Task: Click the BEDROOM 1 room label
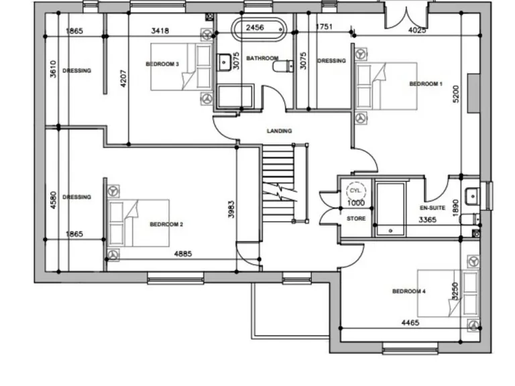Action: [426, 84]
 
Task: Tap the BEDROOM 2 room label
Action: [166, 224]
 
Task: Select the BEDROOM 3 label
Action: [162, 64]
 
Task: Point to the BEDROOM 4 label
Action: [408, 292]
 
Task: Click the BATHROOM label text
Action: [262, 59]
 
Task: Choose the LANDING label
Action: [279, 131]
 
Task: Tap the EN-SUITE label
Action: [433, 208]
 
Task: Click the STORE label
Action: [355, 218]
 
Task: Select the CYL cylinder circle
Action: [355, 190]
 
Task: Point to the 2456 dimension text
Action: [255, 27]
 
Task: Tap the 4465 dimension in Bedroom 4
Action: [410, 323]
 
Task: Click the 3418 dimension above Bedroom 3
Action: [160, 30]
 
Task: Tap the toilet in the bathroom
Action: [284, 65]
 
